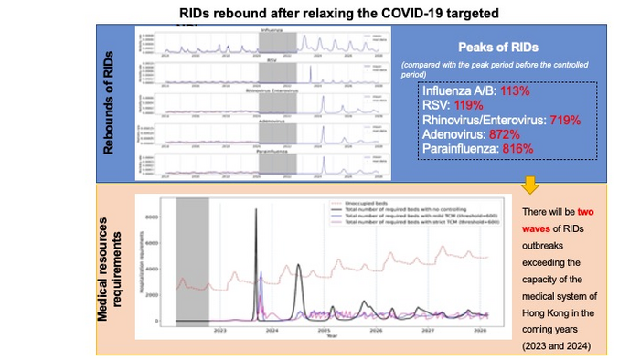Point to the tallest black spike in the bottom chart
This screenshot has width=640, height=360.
pyautogui.click(x=255, y=212)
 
